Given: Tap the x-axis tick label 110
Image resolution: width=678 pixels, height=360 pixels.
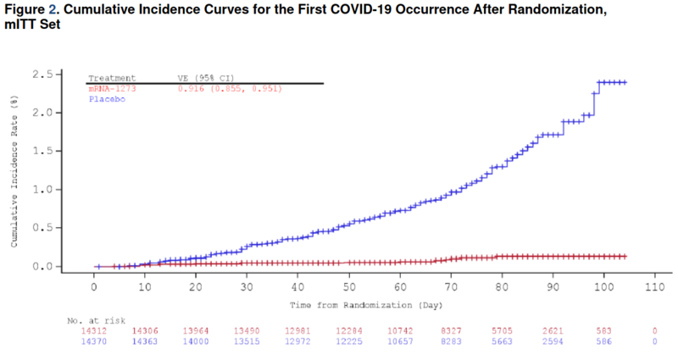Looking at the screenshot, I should click(x=653, y=288).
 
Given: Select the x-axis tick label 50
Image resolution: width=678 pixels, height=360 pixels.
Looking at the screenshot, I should click(x=347, y=288).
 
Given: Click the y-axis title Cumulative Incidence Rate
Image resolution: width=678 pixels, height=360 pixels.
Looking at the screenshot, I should click(x=14, y=170).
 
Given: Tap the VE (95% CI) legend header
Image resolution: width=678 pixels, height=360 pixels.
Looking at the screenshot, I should click(x=205, y=77).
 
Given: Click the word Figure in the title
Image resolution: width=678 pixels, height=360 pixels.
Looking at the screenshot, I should click(x=23, y=10).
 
